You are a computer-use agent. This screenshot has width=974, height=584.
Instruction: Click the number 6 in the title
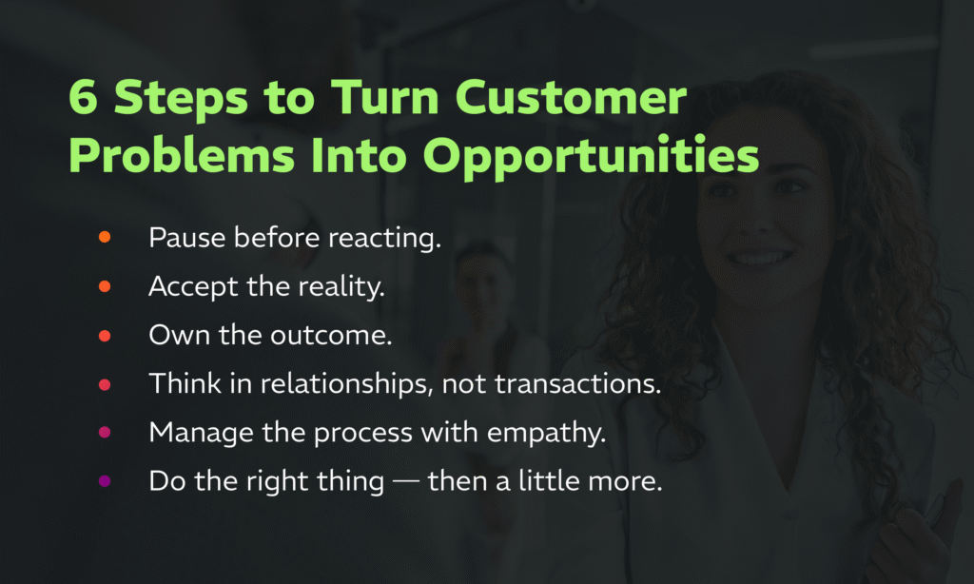(x=84, y=97)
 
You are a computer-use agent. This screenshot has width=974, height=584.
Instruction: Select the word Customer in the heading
(x=571, y=97)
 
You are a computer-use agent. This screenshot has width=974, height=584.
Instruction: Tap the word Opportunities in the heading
(x=591, y=155)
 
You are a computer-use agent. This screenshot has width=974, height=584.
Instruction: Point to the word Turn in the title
(x=384, y=97)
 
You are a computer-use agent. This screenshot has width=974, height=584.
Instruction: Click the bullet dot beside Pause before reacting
(x=105, y=237)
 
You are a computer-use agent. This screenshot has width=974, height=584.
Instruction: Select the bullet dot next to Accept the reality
(x=105, y=285)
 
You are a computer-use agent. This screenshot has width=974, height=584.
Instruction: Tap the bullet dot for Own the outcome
(x=105, y=336)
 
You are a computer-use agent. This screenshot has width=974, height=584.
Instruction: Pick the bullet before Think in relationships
(x=105, y=384)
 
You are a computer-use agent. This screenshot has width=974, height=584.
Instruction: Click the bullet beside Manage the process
(x=105, y=432)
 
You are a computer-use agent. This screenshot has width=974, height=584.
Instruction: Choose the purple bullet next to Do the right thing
(x=105, y=480)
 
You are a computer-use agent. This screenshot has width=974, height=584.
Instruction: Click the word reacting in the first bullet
(x=384, y=239)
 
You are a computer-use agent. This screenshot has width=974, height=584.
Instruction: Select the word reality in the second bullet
(x=341, y=287)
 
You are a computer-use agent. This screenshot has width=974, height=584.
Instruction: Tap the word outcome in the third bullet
(x=331, y=336)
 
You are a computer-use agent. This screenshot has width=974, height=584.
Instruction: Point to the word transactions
(x=577, y=384)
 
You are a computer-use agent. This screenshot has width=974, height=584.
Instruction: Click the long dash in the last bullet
(x=405, y=481)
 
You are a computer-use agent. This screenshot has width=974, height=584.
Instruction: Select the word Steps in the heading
(x=181, y=99)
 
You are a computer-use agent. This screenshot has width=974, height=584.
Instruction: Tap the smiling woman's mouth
(x=760, y=257)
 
